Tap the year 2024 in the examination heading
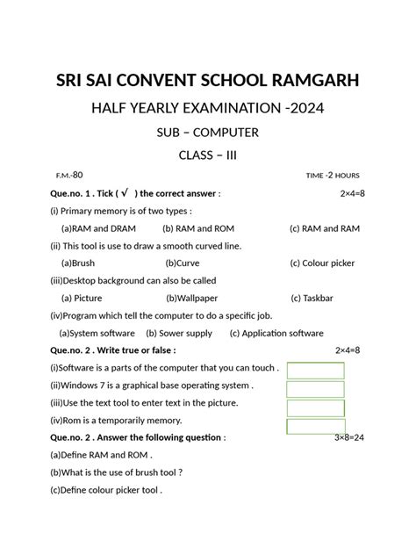[306, 109]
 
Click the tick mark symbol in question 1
[126, 192]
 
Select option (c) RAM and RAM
[324, 228]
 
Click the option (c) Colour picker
[328, 263]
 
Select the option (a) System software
[97, 333]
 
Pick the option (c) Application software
[276, 333]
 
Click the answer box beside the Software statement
[315, 370]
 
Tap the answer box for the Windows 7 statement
[315, 389]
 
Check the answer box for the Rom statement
[315, 424]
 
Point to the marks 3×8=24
[351, 436]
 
